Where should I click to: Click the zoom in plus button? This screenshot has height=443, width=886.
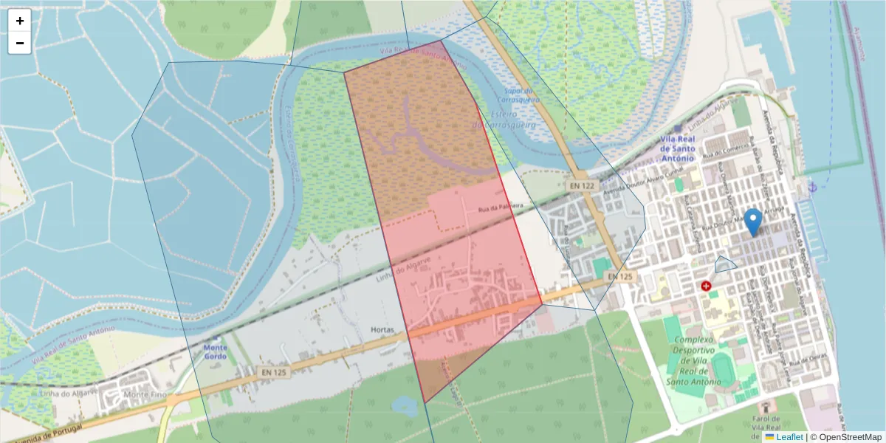click(x=20, y=21)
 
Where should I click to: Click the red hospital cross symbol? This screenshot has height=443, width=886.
click(x=707, y=286)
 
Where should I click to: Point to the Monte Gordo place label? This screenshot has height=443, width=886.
click(x=215, y=351)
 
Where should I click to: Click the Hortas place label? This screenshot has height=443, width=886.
click(x=382, y=330)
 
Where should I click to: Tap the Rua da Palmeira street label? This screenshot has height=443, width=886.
click(x=500, y=206)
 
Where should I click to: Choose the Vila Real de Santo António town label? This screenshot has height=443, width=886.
click(x=678, y=148)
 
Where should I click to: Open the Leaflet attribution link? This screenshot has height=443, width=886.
click(x=789, y=437)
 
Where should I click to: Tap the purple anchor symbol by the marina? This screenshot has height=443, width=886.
click(x=813, y=188)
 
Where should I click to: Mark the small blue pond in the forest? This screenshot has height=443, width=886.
click(x=405, y=405)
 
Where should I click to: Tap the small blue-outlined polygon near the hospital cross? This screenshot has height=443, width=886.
click(x=725, y=263)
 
